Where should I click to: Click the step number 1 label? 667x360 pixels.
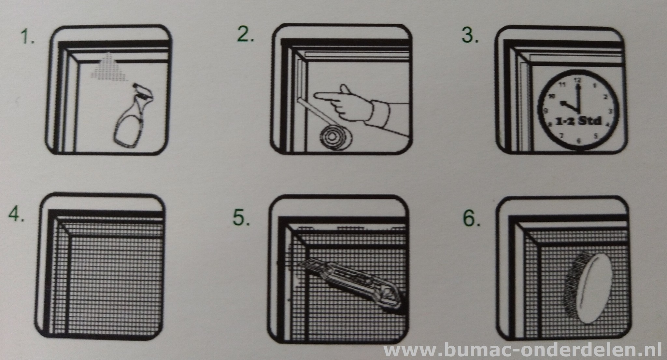(x=27, y=37)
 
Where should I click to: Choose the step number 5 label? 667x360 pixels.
(x=241, y=218)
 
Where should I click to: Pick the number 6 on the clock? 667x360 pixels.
(x=579, y=141)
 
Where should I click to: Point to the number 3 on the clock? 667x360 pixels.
(x=610, y=111)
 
